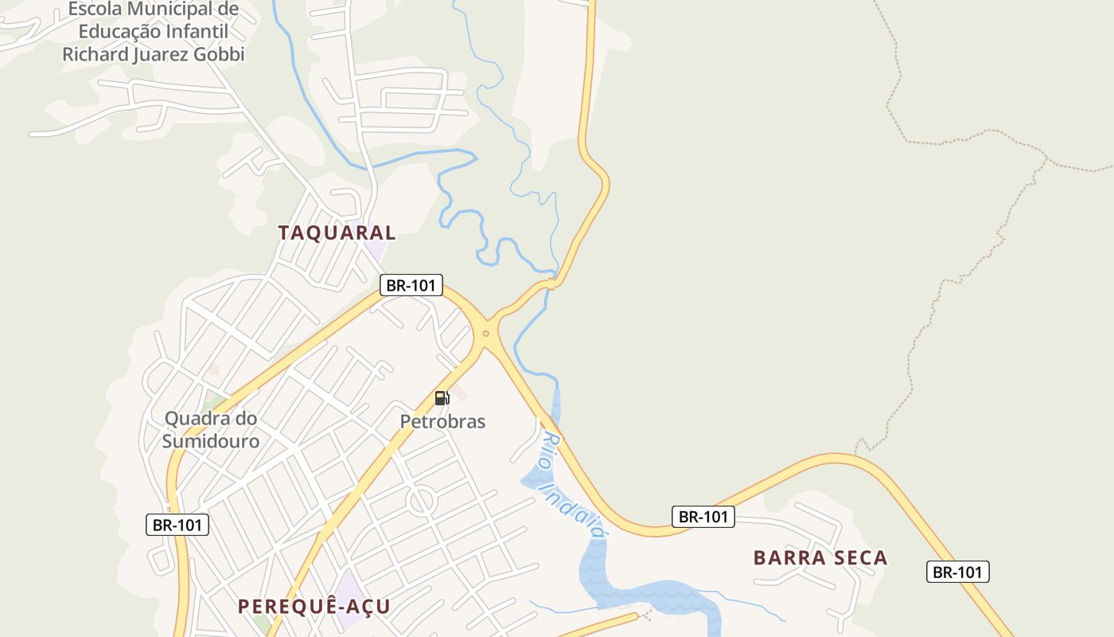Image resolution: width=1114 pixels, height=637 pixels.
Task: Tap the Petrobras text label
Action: coord(442,421)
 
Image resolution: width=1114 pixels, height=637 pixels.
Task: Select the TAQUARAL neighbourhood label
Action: coord(337,233)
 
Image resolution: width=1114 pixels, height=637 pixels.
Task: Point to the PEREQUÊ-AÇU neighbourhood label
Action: coord(314,607)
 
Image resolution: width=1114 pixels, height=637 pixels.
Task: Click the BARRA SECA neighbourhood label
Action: coord(820,557)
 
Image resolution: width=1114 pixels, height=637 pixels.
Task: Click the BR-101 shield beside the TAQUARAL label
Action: coord(411,285)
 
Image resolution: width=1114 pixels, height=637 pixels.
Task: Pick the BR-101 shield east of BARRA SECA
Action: coord(958,572)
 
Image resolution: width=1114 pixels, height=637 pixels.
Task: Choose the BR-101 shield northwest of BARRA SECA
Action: coord(703,517)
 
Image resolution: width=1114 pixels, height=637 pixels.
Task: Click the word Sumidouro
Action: coord(211,441)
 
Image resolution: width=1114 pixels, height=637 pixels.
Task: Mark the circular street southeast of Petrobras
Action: coord(421,502)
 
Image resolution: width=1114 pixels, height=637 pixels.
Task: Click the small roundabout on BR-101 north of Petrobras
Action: coord(485,334)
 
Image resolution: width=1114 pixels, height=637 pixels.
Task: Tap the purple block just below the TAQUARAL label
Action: coord(375,249)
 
